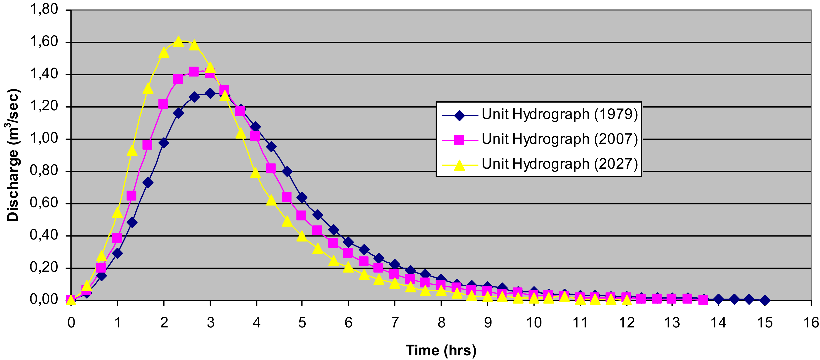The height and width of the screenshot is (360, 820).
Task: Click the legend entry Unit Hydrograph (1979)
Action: pos(560,114)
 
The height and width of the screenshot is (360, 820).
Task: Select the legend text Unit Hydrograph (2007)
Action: pos(560,139)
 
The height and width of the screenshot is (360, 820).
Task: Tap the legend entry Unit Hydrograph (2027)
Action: pos(560,164)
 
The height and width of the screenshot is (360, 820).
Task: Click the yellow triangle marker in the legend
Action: pos(459,165)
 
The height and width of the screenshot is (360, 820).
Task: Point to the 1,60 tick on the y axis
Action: pos(44,42)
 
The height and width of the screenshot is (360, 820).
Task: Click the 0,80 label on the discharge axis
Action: pos(44,171)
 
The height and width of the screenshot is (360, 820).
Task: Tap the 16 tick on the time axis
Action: pos(811,323)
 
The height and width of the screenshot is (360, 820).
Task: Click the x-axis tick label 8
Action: pos(441,323)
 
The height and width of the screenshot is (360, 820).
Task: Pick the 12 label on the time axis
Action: pos(626,323)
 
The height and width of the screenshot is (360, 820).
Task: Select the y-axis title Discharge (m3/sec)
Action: pos(13,155)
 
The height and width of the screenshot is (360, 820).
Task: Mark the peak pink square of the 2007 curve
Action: pos(194,72)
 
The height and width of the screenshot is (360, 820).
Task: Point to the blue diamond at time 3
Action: pos(210,93)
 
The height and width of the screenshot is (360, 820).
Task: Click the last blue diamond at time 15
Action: pos(765,300)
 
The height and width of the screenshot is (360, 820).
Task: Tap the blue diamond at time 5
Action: pos(302,198)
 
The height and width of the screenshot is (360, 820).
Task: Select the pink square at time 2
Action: pos(163,104)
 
